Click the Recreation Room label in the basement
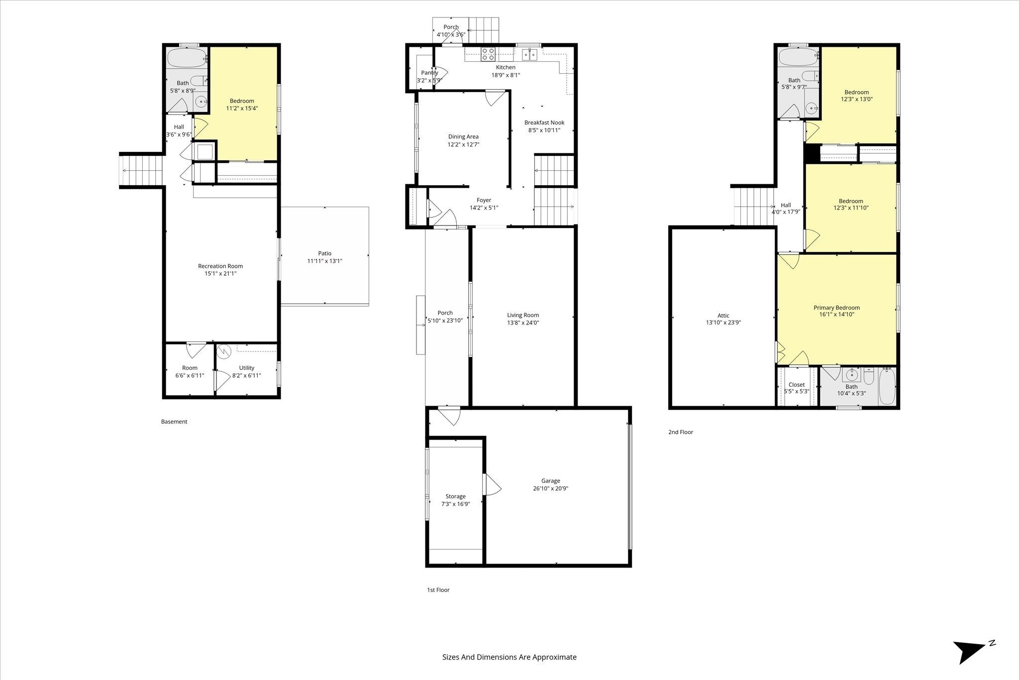pos(220,266)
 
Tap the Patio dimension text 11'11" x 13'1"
pos(325,261)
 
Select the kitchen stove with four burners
pos(488,54)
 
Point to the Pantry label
pos(429,73)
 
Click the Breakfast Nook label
pos(544,123)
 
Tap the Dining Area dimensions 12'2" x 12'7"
pos(463,144)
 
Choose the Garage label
pos(551,481)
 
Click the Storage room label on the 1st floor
pos(455,496)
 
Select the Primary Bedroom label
pos(837,308)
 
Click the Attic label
pos(723,316)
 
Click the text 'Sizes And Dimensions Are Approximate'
pos(509,657)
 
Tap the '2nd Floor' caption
pos(681,432)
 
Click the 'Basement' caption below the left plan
pos(174,422)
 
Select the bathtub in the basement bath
pos(187,58)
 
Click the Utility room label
pos(246,368)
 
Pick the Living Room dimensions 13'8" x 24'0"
pos(523,323)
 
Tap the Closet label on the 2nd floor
pos(797,385)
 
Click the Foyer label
pos(484,200)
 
